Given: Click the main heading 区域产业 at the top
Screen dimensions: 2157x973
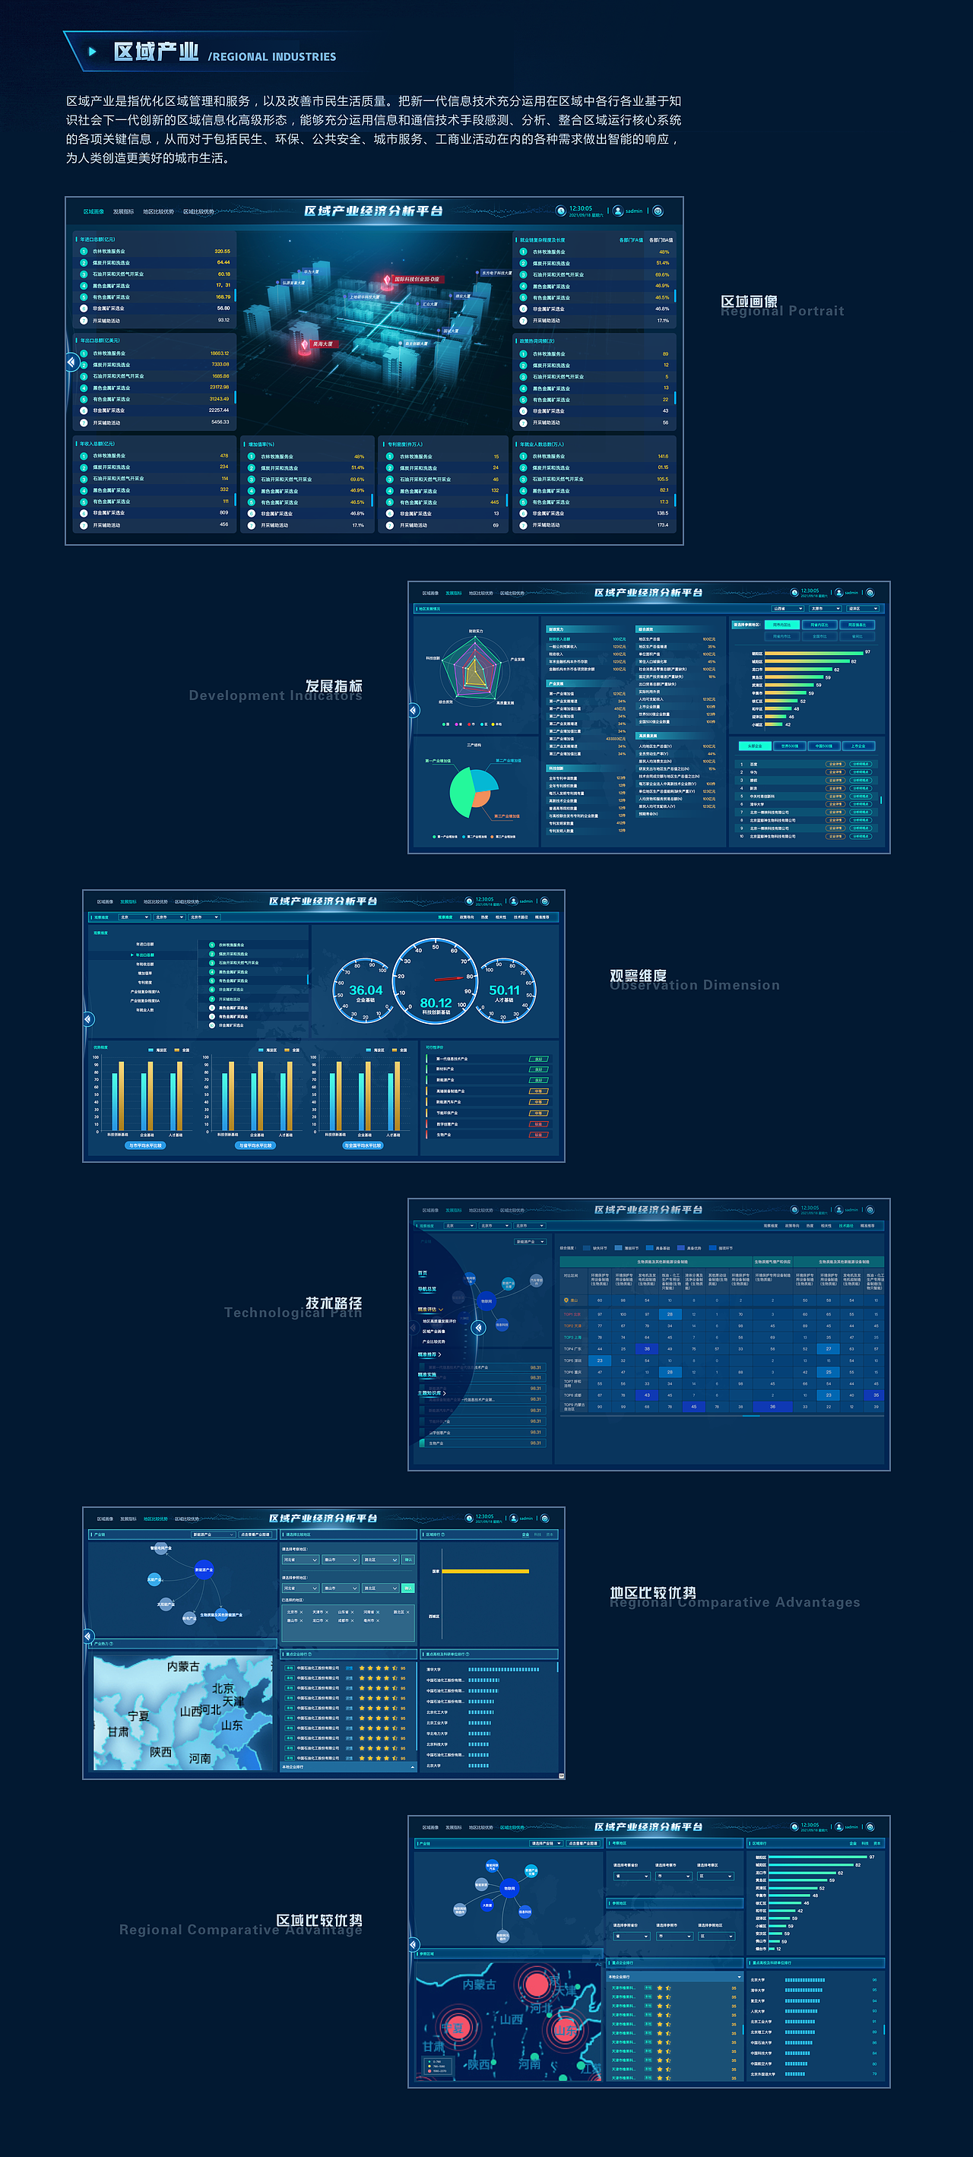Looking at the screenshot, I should click(x=156, y=52).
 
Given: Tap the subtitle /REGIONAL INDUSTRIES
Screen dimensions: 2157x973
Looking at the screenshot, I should click(x=272, y=57).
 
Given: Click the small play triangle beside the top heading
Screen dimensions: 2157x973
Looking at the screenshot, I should click(x=92, y=52).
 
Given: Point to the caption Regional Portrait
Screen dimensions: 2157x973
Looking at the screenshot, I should click(x=782, y=312).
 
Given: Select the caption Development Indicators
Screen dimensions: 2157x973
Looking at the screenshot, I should click(x=274, y=696).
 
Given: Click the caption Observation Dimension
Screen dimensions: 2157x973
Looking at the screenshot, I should click(x=695, y=986).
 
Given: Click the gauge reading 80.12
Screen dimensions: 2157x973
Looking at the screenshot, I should click(x=436, y=1002).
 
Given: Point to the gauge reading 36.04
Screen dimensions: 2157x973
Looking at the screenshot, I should click(x=366, y=990).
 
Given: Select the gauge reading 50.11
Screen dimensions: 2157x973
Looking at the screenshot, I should click(x=504, y=990).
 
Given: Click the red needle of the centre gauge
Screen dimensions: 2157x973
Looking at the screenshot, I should click(x=451, y=978).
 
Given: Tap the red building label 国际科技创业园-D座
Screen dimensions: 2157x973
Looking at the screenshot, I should click(x=416, y=279).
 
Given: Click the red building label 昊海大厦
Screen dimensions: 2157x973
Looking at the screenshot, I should click(x=322, y=344).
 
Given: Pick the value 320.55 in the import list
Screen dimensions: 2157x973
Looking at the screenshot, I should click(x=222, y=252).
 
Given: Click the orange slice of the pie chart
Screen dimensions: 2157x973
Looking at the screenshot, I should click(x=480, y=798).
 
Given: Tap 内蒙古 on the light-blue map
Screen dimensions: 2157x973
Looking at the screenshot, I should click(x=182, y=1666).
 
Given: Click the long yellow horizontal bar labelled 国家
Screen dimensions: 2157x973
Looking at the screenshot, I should click(x=485, y=1571).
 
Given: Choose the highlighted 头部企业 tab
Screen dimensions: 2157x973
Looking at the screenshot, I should click(x=754, y=746).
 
